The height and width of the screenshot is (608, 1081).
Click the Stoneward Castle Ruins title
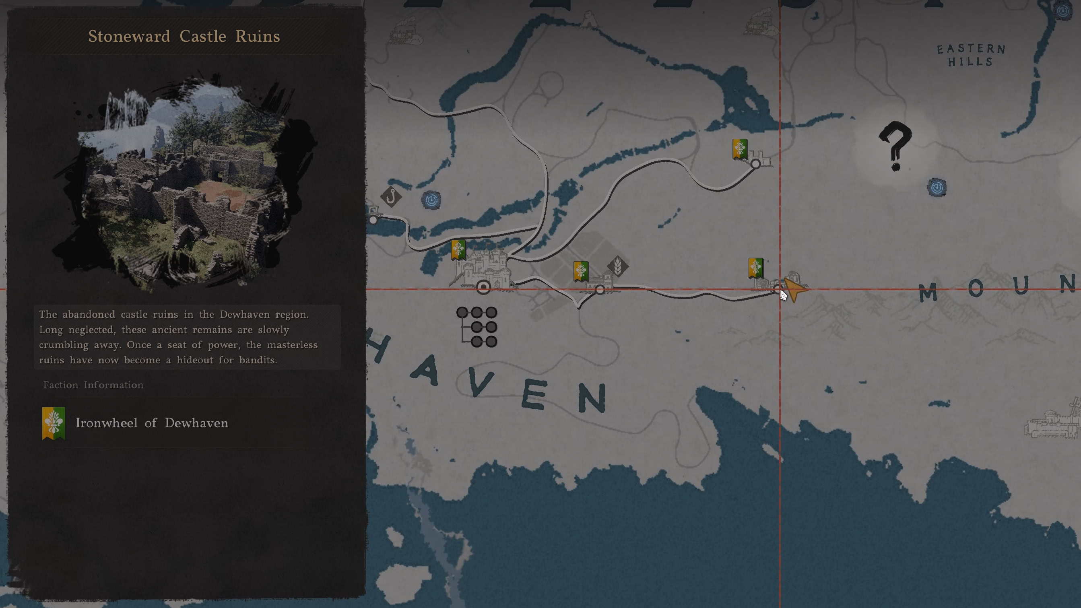[184, 37]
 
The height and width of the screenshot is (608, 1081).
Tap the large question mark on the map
[895, 146]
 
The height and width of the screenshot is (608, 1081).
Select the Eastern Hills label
[971, 56]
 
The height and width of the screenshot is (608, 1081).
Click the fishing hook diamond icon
[391, 196]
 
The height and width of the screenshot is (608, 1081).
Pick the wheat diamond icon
[618, 266]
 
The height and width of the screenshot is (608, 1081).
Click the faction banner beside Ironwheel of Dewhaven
[53, 423]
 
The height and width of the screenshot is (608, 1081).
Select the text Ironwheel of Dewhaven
[152, 423]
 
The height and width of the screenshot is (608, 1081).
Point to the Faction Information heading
[93, 385]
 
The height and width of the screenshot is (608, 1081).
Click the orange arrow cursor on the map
[794, 289]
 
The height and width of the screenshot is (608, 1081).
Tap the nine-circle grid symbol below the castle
[478, 327]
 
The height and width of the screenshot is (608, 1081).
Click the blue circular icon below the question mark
[937, 187]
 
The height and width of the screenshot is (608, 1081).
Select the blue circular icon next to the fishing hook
[431, 200]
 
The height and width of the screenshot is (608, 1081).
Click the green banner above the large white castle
[458, 249]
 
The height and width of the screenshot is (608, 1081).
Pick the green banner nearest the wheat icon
[581, 271]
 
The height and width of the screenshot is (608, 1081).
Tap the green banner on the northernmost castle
[739, 149]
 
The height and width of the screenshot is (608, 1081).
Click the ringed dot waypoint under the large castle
[483, 287]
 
